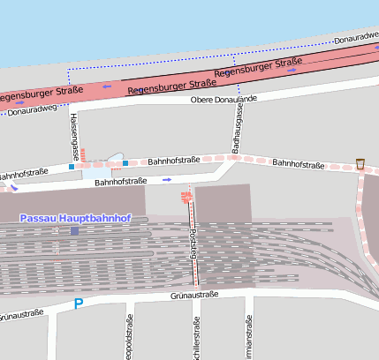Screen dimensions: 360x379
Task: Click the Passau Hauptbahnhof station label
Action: pyautogui.click(x=75, y=218)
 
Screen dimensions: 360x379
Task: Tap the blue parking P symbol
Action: pyautogui.click(x=79, y=304)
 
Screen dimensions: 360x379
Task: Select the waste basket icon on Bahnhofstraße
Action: pyautogui.click(x=360, y=163)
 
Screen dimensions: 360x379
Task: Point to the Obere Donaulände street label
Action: pyautogui.click(x=224, y=99)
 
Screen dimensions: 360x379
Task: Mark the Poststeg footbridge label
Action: pyautogui.click(x=193, y=243)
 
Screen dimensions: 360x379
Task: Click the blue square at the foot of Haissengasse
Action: pyautogui.click(x=72, y=166)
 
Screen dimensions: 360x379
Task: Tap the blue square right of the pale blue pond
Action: pyautogui.click(x=125, y=162)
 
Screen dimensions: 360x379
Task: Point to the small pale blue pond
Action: pyautogui.click(x=116, y=160)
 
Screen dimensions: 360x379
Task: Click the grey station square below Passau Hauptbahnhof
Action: pyautogui.click(x=74, y=231)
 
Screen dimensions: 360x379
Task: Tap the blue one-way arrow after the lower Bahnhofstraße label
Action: pyautogui.click(x=167, y=179)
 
